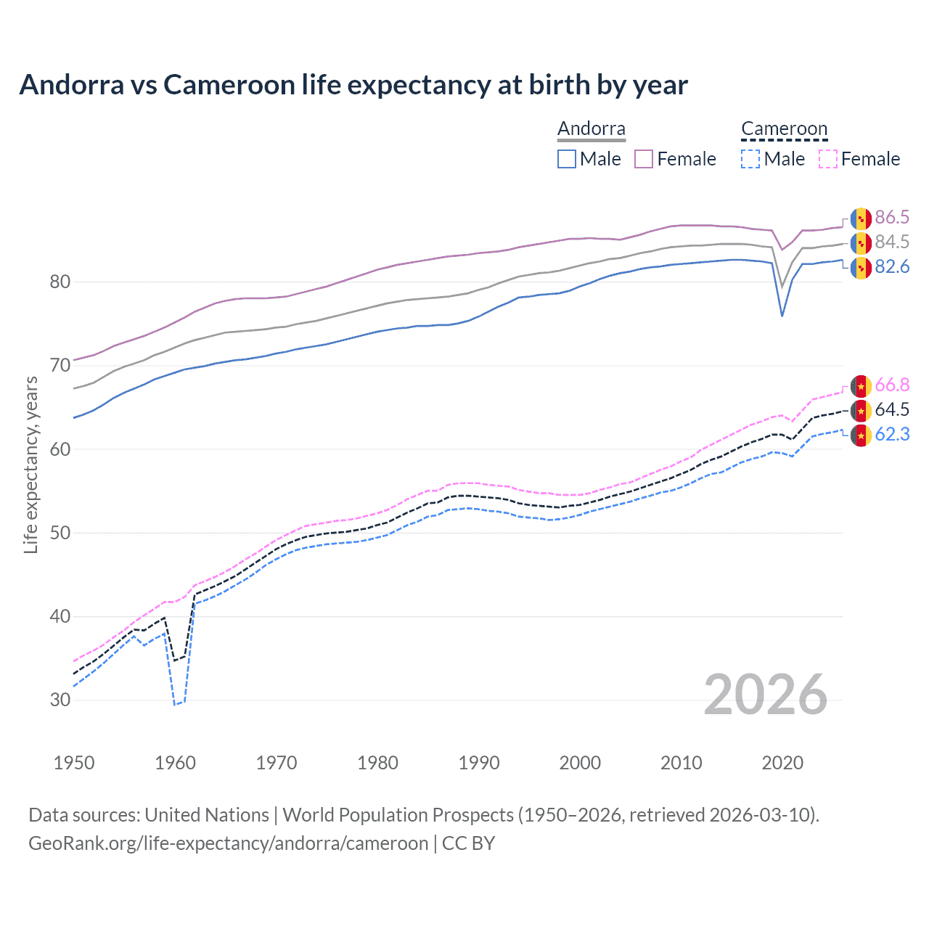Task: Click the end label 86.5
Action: [x=892, y=218]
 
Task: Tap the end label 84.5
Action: [x=892, y=242]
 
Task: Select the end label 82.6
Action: [x=892, y=267]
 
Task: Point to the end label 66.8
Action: [x=892, y=385]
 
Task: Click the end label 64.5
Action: [x=892, y=409]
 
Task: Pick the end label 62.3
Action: [x=892, y=434]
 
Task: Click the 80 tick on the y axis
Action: [x=60, y=282]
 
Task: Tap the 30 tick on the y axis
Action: [x=60, y=700]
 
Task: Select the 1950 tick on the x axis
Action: [x=74, y=763]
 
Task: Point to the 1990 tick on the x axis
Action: [x=479, y=763]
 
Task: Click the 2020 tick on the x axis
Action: [x=782, y=763]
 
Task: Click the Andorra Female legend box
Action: [x=644, y=159]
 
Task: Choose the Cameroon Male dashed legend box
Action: [x=750, y=159]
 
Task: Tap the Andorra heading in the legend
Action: [x=592, y=129]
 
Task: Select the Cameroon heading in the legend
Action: [x=784, y=129]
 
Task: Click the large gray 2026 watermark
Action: [x=766, y=695]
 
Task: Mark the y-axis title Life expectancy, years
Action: [x=31, y=464]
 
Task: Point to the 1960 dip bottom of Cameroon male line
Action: [x=174, y=705]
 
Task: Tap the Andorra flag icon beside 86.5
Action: [x=861, y=218]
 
